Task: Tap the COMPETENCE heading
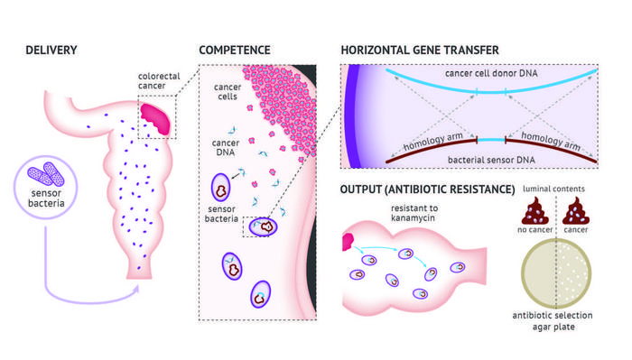click(237, 49)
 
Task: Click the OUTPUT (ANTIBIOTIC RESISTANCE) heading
click(427, 189)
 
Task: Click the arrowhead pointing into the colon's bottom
click(137, 288)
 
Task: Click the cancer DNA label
click(226, 146)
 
